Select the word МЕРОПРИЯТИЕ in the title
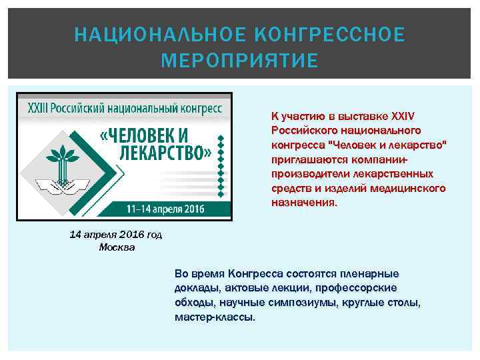tap(239, 61)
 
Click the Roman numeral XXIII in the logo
tap(39, 107)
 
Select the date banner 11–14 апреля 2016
tap(165, 209)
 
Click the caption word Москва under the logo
tap(117, 247)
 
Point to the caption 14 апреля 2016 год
tap(117, 235)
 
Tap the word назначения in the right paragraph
tap(304, 202)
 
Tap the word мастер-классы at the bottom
tap(214, 317)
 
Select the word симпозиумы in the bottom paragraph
tap(304, 303)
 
